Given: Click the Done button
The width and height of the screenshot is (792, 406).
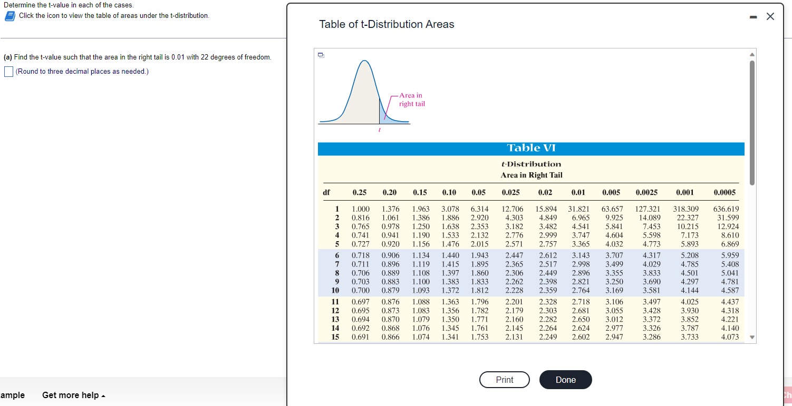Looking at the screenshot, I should pyautogui.click(x=565, y=380).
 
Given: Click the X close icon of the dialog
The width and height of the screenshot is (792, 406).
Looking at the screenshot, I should pyautogui.click(x=770, y=16).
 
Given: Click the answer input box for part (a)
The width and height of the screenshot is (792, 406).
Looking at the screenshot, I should pyautogui.click(x=8, y=72).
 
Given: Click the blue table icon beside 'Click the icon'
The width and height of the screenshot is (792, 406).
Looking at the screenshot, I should pyautogui.click(x=9, y=16).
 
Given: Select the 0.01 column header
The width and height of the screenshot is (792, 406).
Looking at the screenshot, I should pyautogui.click(x=578, y=192).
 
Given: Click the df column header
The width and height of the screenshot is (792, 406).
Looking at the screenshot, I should pyautogui.click(x=326, y=192).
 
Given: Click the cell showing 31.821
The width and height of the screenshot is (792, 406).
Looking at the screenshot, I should pyautogui.click(x=579, y=209).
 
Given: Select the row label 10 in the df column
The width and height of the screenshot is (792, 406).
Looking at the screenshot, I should pyautogui.click(x=334, y=290).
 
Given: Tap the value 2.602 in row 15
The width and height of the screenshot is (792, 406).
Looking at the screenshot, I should pyautogui.click(x=581, y=336).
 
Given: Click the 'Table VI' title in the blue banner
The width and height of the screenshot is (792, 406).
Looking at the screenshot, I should pyautogui.click(x=531, y=148).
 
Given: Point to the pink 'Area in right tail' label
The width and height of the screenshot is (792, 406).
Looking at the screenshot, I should pyautogui.click(x=411, y=100).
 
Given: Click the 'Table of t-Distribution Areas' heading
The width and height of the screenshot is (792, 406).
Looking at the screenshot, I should pyautogui.click(x=387, y=24).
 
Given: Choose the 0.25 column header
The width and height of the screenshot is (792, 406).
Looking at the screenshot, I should pyautogui.click(x=360, y=192).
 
